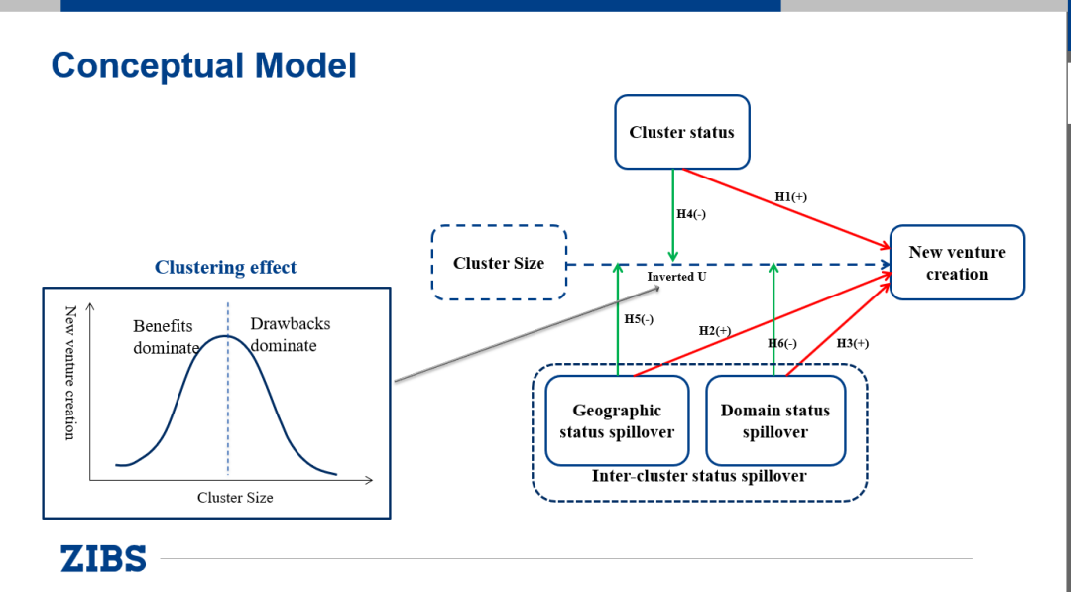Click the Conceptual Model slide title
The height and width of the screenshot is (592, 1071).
203,66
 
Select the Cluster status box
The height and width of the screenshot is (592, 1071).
681,132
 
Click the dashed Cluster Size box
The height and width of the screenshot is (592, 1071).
499,263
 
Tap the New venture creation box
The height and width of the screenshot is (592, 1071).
957,263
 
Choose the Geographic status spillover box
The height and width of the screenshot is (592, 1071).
617,421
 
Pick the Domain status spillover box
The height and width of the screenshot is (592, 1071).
775,421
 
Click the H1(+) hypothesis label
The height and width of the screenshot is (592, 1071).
791,197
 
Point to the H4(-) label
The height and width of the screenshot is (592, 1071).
691,214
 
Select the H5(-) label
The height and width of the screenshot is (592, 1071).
639,319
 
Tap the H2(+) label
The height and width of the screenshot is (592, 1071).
715,330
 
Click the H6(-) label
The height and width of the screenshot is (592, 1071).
782,343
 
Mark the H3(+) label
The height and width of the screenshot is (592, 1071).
853,343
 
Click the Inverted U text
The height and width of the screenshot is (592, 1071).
676,277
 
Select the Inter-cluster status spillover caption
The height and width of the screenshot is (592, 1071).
699,476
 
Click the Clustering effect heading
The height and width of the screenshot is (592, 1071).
225,267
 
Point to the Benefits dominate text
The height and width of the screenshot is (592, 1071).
165,337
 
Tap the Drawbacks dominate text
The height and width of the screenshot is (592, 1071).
290,335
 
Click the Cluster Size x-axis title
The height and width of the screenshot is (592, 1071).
235,498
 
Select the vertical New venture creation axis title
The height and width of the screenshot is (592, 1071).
70,373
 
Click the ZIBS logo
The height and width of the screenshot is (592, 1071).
103,558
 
